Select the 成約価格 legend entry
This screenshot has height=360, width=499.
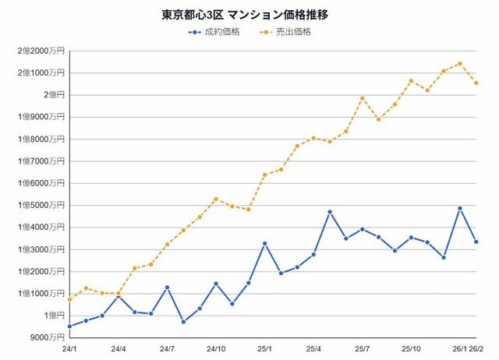[221, 32]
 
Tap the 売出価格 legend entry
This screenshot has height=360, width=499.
[292, 32]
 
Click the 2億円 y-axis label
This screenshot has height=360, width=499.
[51, 95]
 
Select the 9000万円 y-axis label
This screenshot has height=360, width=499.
[47, 338]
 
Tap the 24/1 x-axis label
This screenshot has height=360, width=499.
[70, 350]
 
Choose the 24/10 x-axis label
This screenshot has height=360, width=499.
[216, 350]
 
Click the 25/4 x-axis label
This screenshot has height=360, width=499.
[313, 350]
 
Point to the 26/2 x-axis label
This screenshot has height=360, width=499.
[476, 350]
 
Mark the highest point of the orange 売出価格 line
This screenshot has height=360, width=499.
[460, 64]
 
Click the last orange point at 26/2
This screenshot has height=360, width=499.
[476, 83]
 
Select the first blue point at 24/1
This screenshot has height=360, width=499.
[70, 326]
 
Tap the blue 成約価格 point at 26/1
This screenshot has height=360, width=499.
[460, 208]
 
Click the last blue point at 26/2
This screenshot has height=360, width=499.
[476, 242]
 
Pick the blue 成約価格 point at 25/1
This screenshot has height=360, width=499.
[265, 243]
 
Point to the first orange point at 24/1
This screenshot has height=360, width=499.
[70, 299]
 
